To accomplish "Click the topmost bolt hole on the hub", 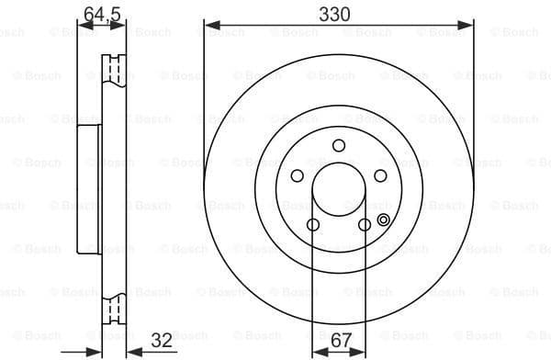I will point(339,145).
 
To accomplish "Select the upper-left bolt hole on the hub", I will point(298,176).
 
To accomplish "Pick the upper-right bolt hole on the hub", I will point(380,176).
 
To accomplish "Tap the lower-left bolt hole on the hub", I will point(313,225).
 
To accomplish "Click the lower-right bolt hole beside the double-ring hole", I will point(365,225).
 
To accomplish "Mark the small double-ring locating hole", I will point(383,218).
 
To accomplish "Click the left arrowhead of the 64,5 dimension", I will point(80,26).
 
